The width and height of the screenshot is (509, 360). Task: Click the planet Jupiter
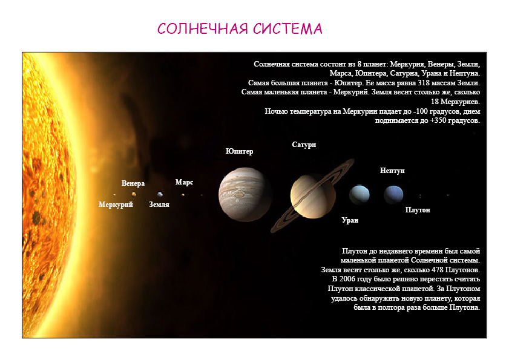tap(245, 194)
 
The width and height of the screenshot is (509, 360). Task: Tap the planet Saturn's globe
tap(313, 196)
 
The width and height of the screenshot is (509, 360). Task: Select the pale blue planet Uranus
tap(360, 194)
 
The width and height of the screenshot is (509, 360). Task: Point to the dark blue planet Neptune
tap(393, 194)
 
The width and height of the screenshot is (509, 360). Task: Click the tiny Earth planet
tap(160, 194)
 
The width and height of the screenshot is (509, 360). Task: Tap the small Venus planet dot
tap(133, 194)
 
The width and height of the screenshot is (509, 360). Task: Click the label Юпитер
tap(239, 151)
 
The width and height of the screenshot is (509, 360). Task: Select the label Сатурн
tap(304, 145)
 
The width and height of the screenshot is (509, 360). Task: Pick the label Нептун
tap(392, 171)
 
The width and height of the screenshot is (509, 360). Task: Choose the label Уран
tap(350, 220)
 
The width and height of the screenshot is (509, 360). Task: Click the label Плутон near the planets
tap(418, 210)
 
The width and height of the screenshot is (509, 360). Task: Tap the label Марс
tap(185, 182)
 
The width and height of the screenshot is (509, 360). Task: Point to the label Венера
tap(133, 183)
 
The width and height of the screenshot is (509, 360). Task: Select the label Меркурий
tap(116, 205)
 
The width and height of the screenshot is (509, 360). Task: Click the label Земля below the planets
tap(159, 205)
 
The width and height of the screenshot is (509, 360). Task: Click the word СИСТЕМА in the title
tap(287, 28)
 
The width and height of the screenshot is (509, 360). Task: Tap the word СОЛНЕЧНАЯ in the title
tap(203, 28)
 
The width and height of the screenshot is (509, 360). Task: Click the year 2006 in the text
tap(347, 279)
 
